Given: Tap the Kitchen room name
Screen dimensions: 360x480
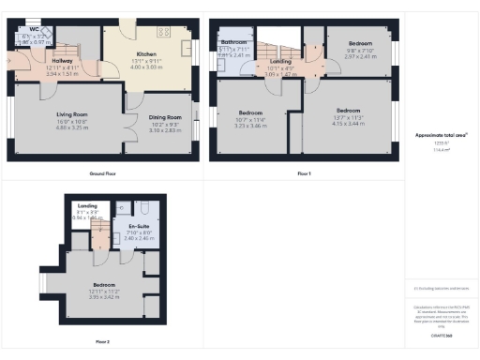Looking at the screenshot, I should coord(146,54).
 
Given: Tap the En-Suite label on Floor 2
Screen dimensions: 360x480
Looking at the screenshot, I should coord(125,227).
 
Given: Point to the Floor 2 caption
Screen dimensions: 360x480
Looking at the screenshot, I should coord(101,341).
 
